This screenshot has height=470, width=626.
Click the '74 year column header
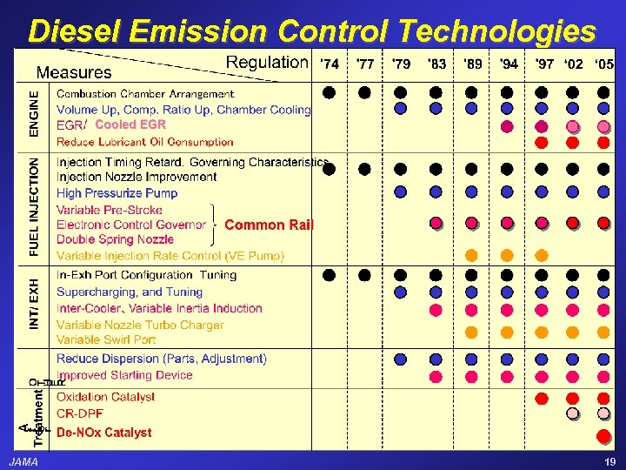330,64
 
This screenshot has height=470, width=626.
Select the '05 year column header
603,64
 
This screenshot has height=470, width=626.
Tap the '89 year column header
473,64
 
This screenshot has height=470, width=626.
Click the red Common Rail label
268,225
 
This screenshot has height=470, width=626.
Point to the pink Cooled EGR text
130,124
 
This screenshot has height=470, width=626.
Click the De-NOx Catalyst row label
103,432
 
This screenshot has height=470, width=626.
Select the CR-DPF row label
80,413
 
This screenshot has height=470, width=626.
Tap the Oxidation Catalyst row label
105,397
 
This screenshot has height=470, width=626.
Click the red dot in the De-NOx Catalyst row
603,434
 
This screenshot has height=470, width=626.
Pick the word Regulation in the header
266,62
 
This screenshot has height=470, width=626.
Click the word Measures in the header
74,73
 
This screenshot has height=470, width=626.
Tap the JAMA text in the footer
23,462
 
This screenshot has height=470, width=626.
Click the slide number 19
609,462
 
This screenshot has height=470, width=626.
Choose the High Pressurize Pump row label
117,193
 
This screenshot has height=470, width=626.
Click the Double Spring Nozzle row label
115,239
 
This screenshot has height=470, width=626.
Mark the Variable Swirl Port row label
106,339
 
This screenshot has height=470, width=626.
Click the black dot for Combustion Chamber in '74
330,91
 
